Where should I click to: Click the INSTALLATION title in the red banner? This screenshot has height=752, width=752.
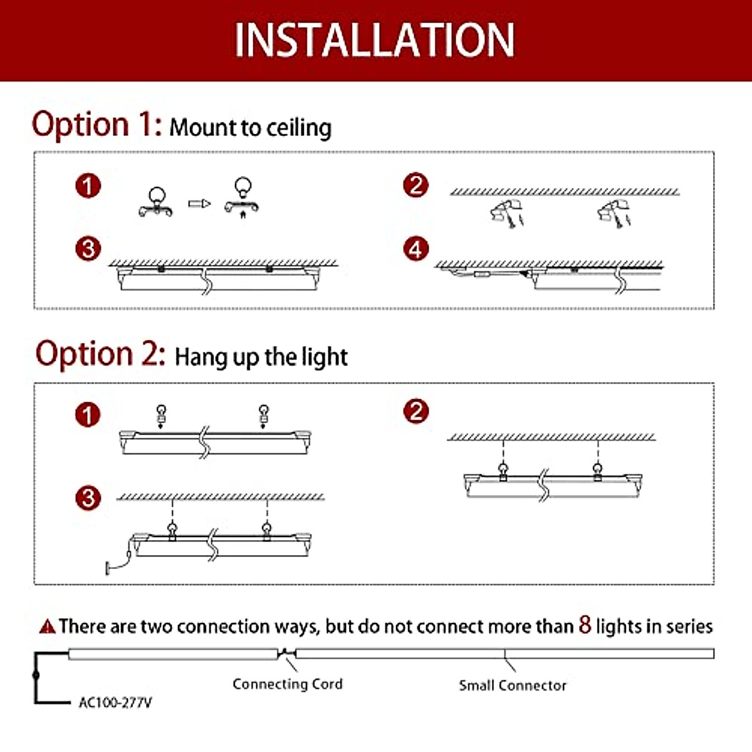click(375, 40)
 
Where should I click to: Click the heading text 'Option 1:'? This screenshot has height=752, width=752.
click(97, 124)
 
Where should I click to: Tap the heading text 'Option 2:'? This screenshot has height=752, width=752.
click(100, 354)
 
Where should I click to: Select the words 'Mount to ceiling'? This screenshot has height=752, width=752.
click(251, 128)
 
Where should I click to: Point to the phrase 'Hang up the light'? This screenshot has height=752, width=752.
click(261, 357)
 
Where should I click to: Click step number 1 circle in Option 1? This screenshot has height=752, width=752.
click(88, 185)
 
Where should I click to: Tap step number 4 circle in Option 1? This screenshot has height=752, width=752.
click(416, 249)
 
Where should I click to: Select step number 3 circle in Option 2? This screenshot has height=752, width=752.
click(88, 498)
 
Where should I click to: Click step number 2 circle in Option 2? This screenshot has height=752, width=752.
click(416, 412)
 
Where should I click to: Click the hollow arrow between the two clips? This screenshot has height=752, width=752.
click(200, 204)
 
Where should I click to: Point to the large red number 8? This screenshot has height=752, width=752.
click(585, 624)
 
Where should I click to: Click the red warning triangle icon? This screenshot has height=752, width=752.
click(48, 626)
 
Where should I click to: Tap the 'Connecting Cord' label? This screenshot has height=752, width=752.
click(288, 684)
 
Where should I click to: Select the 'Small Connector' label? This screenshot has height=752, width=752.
click(513, 686)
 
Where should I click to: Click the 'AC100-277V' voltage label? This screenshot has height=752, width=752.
click(115, 702)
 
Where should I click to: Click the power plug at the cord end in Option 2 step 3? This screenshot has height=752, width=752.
click(110, 569)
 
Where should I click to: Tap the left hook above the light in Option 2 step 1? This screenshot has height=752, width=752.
click(161, 414)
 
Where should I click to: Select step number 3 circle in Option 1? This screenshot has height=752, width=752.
click(88, 249)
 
